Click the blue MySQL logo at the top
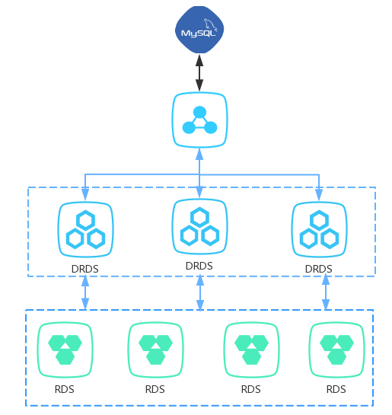tap(199, 30)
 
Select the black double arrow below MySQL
tap(199, 73)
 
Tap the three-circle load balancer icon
tap(199, 120)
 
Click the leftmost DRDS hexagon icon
tap(85, 229)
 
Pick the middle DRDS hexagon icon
tap(199, 227)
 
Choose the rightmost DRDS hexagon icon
tap(319, 229)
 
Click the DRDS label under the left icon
tap(85, 269)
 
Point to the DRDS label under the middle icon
tap(199, 266)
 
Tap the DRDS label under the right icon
tap(318, 269)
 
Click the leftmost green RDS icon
tap(65, 350)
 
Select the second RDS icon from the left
tap(155, 350)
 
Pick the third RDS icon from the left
tap(251, 350)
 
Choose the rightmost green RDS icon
tap(336, 350)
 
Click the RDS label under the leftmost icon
tap(64, 389)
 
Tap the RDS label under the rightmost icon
tap(336, 389)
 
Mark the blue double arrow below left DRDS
tap(85, 292)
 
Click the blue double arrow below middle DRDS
tap(200, 292)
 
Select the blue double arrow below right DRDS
tap(326, 292)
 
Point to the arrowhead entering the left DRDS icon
tap(85, 194)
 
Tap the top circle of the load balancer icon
tap(199, 112)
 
